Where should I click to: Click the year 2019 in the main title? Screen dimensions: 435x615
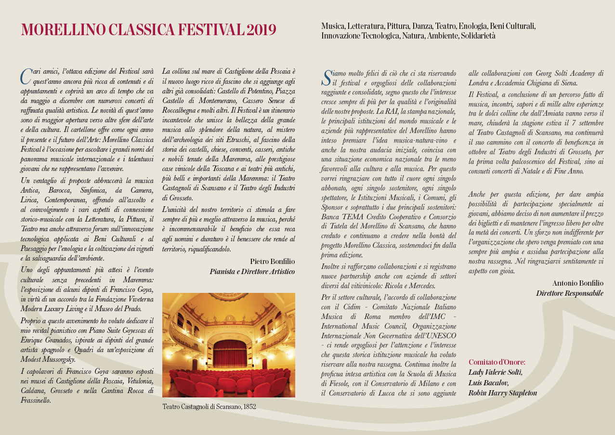click(x=262, y=30)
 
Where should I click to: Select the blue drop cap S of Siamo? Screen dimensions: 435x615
click(x=327, y=77)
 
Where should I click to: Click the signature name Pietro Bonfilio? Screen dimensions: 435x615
click(x=272, y=261)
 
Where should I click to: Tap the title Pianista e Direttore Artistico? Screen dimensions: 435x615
click(x=252, y=272)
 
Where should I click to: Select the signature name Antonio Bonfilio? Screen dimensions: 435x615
click(x=577, y=283)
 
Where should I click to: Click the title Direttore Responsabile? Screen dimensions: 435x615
click(x=569, y=293)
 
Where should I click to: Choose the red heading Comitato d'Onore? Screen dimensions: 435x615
click(x=497, y=362)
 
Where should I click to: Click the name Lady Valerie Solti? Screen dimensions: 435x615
click(x=495, y=372)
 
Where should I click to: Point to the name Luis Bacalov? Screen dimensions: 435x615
click(x=488, y=382)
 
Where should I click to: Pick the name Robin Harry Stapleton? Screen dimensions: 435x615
click(x=502, y=393)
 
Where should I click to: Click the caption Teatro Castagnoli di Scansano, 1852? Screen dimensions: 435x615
click(x=209, y=407)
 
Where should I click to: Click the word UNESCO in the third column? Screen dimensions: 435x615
click(x=440, y=335)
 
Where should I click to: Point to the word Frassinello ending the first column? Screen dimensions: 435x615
click(x=37, y=400)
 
